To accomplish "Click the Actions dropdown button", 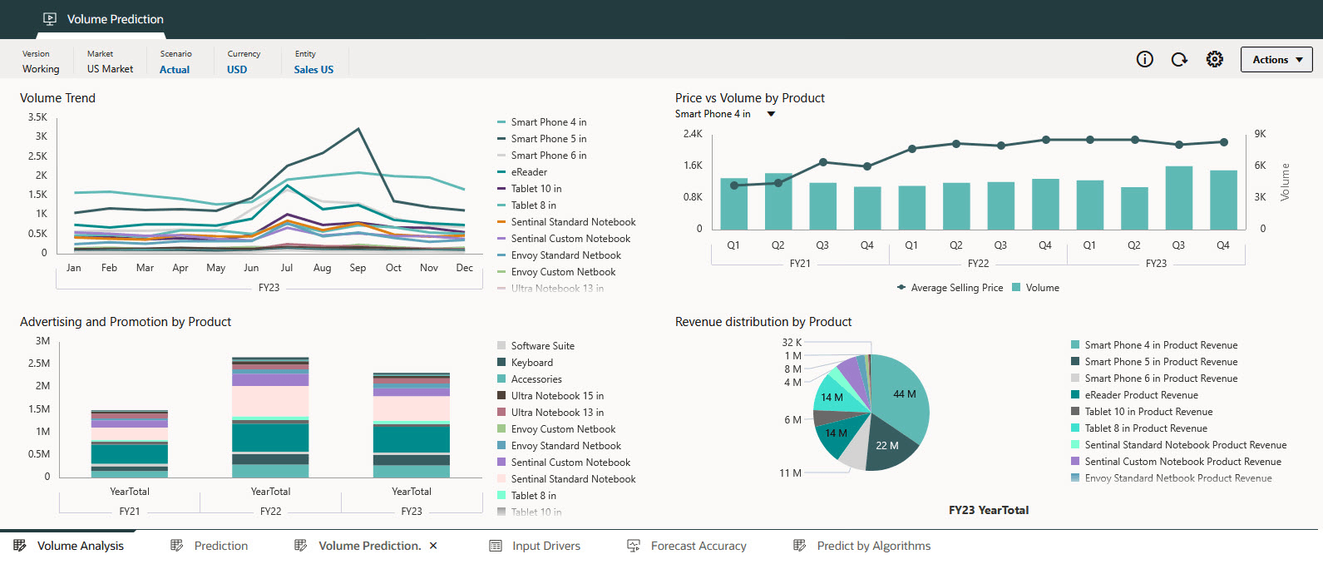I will coord(1276,60).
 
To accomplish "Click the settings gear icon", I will coord(1215,59).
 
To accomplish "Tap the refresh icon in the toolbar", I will coord(1179,59).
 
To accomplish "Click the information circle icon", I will coord(1145,59).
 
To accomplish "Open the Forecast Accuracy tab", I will coord(698,546).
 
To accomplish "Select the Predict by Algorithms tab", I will coord(873,546).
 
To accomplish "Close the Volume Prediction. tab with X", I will coord(433,546).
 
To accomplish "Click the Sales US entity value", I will coord(313,70).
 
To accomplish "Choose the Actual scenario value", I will coord(175,70).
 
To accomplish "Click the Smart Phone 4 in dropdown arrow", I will coord(771,114).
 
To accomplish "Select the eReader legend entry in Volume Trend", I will coord(529,172).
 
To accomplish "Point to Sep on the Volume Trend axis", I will coord(358,268).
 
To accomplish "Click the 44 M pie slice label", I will coord(904,394).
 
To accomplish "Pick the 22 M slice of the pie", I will coord(886,446).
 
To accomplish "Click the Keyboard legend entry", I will coord(531,363).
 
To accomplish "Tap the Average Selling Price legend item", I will coord(956,288).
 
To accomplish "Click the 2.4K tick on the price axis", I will coord(693,134).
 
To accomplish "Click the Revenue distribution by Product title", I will coord(763,322).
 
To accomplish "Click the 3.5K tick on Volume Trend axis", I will coord(37,117).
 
